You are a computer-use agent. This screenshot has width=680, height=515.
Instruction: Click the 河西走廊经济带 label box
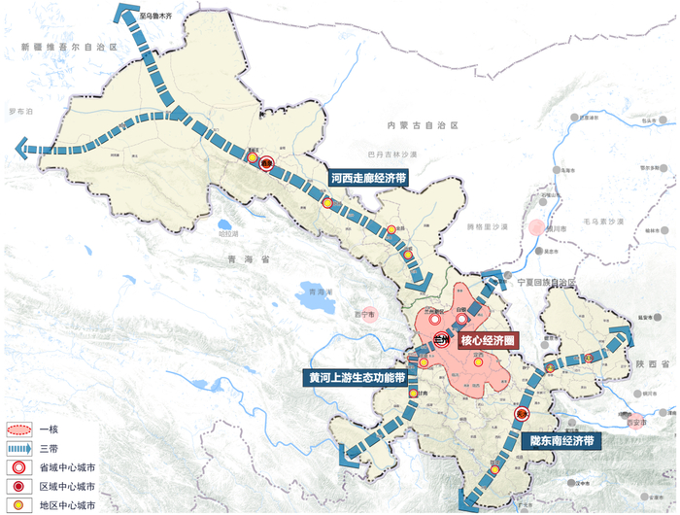point(367,179)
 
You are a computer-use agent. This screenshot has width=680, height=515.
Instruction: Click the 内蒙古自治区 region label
point(422,126)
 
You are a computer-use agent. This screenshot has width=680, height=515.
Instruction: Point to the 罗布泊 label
point(20,112)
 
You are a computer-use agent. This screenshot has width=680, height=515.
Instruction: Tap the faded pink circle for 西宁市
point(365,314)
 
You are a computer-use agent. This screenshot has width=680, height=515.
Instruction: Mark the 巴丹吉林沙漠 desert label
point(393,154)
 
